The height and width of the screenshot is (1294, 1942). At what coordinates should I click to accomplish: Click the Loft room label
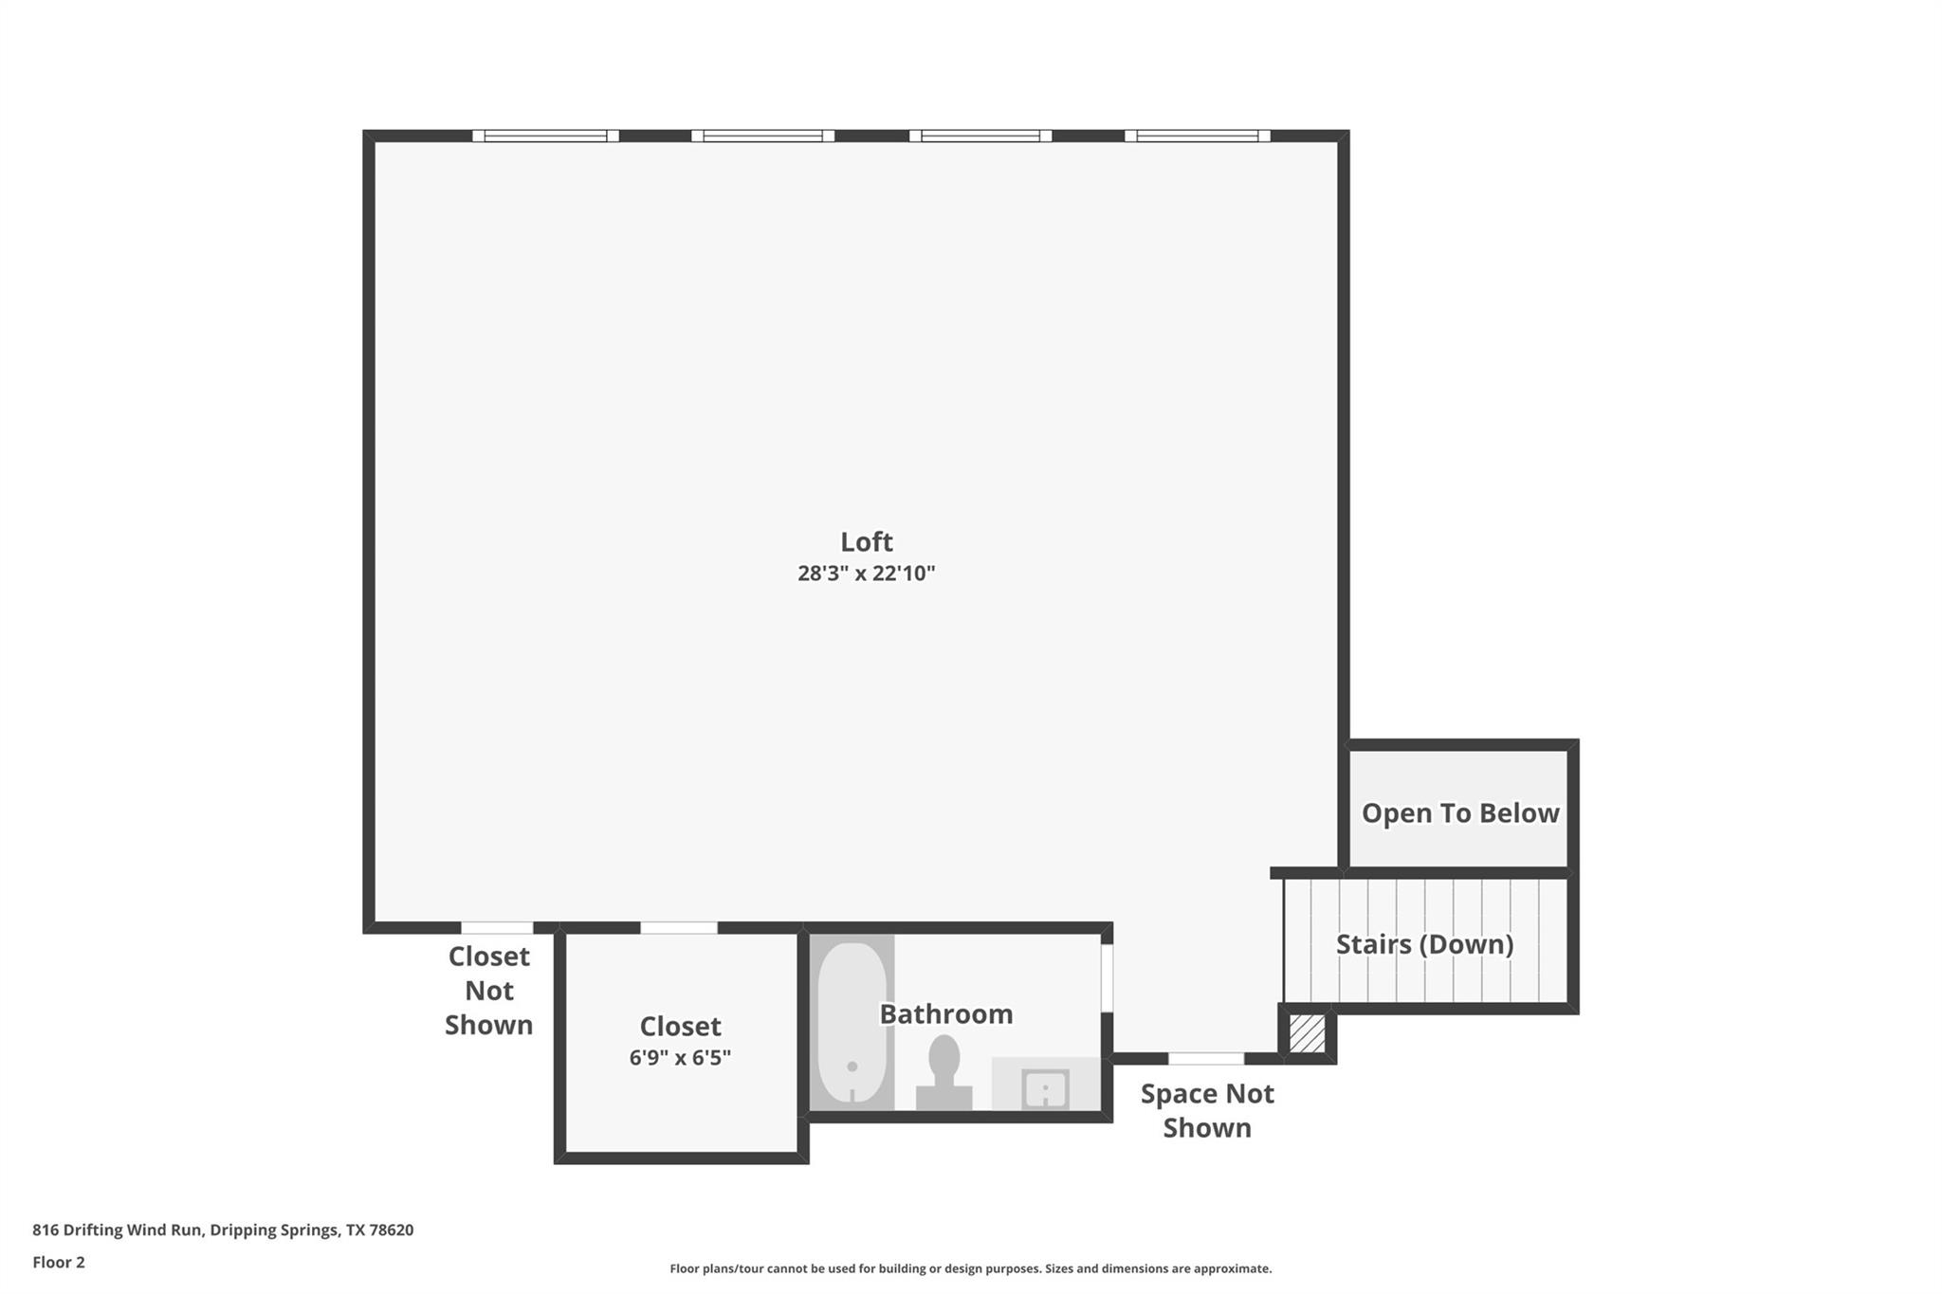(x=866, y=541)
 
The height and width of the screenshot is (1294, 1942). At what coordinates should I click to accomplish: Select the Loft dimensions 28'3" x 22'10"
(x=866, y=574)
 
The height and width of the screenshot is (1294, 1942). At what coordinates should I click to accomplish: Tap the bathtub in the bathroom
(x=852, y=1022)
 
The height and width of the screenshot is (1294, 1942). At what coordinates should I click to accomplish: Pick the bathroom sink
(x=1045, y=1088)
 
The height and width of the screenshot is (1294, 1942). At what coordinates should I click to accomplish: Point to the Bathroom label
(x=945, y=1014)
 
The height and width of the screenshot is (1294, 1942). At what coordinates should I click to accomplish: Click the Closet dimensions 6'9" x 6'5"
(x=680, y=1058)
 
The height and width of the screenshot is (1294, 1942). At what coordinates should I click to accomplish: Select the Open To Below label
(x=1459, y=813)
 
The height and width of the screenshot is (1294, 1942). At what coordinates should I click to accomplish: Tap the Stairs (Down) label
(x=1424, y=944)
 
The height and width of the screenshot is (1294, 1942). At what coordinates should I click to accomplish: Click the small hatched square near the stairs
(x=1307, y=1033)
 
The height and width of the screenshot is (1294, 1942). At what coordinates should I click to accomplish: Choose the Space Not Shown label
(x=1206, y=1110)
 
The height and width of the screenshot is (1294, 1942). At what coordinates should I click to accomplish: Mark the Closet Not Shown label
(x=488, y=991)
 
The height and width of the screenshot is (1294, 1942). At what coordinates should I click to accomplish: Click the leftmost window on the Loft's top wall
(x=545, y=136)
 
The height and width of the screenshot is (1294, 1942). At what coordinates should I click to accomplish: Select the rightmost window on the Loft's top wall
(x=1197, y=136)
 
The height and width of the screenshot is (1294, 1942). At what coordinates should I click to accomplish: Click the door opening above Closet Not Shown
(x=497, y=927)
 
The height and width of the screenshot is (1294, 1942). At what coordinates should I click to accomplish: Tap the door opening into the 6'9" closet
(x=678, y=927)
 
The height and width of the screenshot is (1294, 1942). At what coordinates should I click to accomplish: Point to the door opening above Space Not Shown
(x=1205, y=1058)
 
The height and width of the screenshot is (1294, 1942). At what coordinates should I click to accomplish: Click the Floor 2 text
(x=59, y=1262)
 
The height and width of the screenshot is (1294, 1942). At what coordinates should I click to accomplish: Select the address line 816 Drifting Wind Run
(x=223, y=1230)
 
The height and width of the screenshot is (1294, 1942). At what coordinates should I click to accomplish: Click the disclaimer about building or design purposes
(x=970, y=1268)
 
